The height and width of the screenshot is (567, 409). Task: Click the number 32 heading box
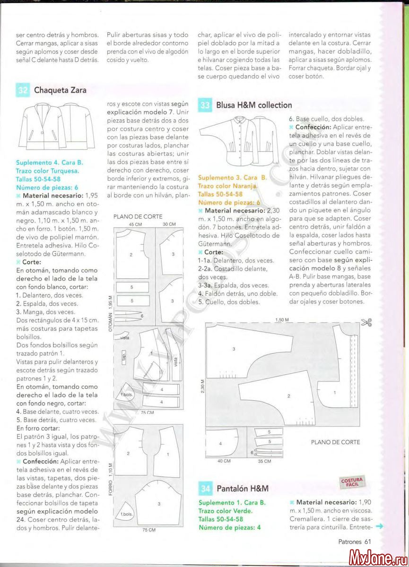(x=23, y=90)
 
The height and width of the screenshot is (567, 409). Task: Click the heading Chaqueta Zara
(x=60, y=90)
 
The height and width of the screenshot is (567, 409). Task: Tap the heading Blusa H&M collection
(x=254, y=105)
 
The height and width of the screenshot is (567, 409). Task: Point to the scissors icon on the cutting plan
(x=366, y=323)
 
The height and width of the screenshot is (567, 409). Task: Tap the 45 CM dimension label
(x=136, y=224)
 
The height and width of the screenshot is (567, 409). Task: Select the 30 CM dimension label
(x=169, y=224)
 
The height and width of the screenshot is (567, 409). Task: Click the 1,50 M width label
(x=282, y=320)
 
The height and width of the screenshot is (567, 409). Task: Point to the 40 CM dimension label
(x=224, y=461)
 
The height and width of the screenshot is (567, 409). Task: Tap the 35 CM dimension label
(x=264, y=461)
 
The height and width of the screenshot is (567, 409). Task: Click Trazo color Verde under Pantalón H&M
(x=225, y=511)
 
